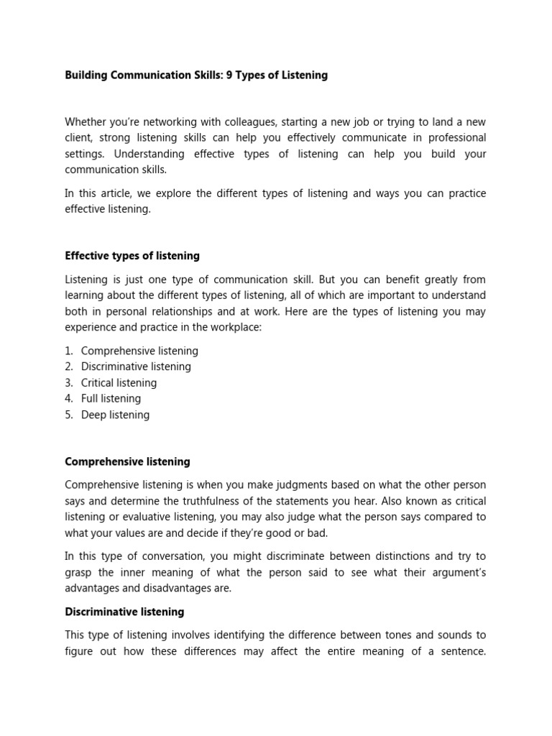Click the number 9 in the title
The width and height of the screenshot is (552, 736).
point(229,75)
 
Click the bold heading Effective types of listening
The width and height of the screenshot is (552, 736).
point(132,256)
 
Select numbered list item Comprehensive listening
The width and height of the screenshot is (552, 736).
point(139,351)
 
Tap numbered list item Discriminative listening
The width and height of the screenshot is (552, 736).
point(136,367)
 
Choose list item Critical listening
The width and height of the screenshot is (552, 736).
point(119,382)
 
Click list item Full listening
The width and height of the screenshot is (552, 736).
point(111,398)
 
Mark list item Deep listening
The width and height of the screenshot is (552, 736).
point(115,414)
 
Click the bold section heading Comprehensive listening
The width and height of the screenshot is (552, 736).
point(127,461)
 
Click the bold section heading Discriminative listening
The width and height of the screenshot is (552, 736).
point(124,612)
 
